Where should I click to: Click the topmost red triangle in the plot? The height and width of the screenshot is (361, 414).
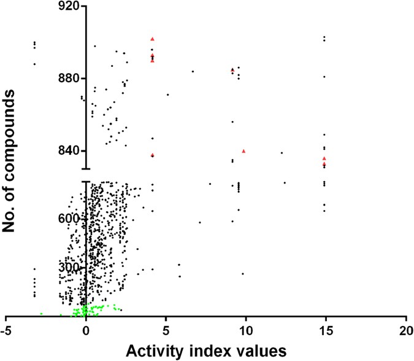click(x=152, y=39)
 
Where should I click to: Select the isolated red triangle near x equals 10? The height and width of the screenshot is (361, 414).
click(x=244, y=150)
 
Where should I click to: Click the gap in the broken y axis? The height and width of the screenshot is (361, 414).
click(x=86, y=175)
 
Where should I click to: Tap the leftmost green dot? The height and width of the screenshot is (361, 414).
click(x=41, y=314)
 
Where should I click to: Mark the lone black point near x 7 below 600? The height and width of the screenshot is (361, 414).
click(x=200, y=222)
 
